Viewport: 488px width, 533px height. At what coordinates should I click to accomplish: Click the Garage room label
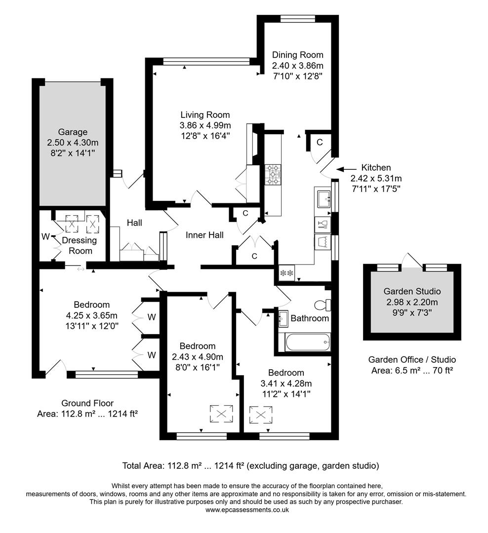[x=73, y=132]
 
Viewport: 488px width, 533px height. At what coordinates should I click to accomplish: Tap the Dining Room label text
[x=297, y=55]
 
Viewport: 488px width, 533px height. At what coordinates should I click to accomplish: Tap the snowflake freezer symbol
[x=286, y=272]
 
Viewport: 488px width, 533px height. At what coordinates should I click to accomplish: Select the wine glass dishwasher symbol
[x=323, y=225]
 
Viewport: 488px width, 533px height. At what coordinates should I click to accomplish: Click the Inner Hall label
[x=204, y=235]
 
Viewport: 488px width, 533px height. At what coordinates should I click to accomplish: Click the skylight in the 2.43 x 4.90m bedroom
[x=222, y=414]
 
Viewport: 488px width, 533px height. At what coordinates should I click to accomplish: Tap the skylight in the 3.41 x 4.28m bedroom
[x=260, y=414]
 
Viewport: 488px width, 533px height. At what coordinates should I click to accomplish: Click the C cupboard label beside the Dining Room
[x=319, y=143]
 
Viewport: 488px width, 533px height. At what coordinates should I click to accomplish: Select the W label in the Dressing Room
[x=45, y=236]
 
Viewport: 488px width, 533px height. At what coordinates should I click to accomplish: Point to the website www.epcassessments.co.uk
[x=246, y=510]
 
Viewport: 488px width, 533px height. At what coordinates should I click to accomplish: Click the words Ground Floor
[x=87, y=403]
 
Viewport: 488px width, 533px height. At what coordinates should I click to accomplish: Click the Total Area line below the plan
[x=250, y=465]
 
